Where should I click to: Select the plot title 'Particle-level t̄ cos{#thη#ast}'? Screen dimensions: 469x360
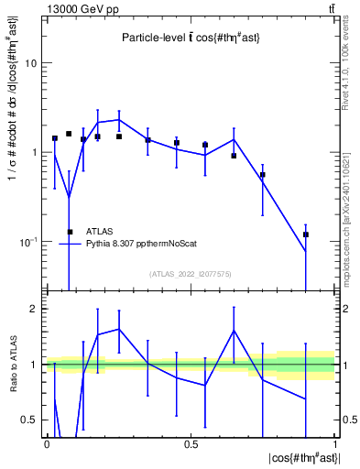coord(191,38)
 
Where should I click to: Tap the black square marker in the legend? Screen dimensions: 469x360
coord(71,232)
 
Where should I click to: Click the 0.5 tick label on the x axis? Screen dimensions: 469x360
coord(191,444)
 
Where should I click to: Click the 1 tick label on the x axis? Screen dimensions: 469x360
coord(335,444)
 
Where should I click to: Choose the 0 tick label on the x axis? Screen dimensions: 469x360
coord(47,444)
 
